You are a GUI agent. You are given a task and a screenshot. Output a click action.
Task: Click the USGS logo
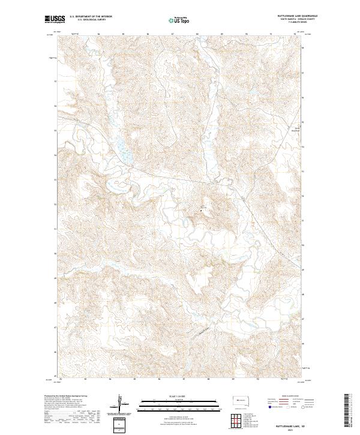tap(55, 19)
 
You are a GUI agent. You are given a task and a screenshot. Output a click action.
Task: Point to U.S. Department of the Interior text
tap(91, 17)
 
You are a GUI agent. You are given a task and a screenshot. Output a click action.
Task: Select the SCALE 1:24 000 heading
tap(179, 395)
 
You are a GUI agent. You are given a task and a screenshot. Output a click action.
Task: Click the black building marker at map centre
tap(201, 210)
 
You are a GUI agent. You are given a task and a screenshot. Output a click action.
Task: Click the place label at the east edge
tap(295, 127)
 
